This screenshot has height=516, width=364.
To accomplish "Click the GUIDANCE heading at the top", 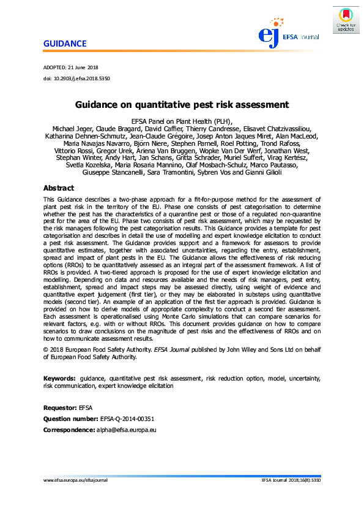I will (65, 44).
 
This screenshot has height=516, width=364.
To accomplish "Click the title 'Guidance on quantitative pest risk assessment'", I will (182, 105).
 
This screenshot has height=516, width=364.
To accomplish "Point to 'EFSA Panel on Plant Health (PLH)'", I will (182, 121).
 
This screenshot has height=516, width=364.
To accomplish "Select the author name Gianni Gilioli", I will (261, 172).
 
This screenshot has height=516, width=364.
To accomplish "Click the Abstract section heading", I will (59, 188).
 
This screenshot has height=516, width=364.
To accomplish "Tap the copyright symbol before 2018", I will (46, 349).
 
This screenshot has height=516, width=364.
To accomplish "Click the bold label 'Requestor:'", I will (60, 408).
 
